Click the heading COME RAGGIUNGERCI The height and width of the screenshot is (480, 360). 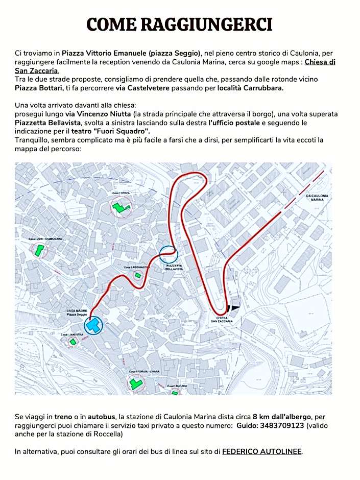tap(179, 24)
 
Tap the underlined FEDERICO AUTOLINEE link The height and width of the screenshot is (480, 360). tap(262, 451)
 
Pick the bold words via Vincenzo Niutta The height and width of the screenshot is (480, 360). tap(98, 113)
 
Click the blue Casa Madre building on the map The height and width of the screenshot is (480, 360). tap(93, 325)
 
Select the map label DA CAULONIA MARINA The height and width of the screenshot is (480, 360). tap(317, 198)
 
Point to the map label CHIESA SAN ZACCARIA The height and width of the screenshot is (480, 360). tap(223, 320)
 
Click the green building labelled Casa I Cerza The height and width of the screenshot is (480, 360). tap(121, 207)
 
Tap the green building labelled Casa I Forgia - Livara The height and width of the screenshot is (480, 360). tap(136, 383)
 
